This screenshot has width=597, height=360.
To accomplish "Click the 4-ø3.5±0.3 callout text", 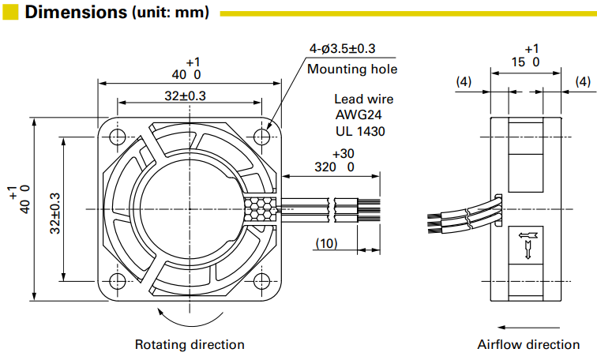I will pos(342,49).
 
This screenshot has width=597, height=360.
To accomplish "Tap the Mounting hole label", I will pos(352,69).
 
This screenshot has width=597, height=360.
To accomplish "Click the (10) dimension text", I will pos(326,243).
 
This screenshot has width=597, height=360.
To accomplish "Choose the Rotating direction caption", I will pos(190,344).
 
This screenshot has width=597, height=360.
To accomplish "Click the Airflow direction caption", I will pos(528,344).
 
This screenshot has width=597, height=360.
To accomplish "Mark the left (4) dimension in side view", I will pos(464,81).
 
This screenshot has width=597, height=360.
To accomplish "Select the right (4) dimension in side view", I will pos(583,81).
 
